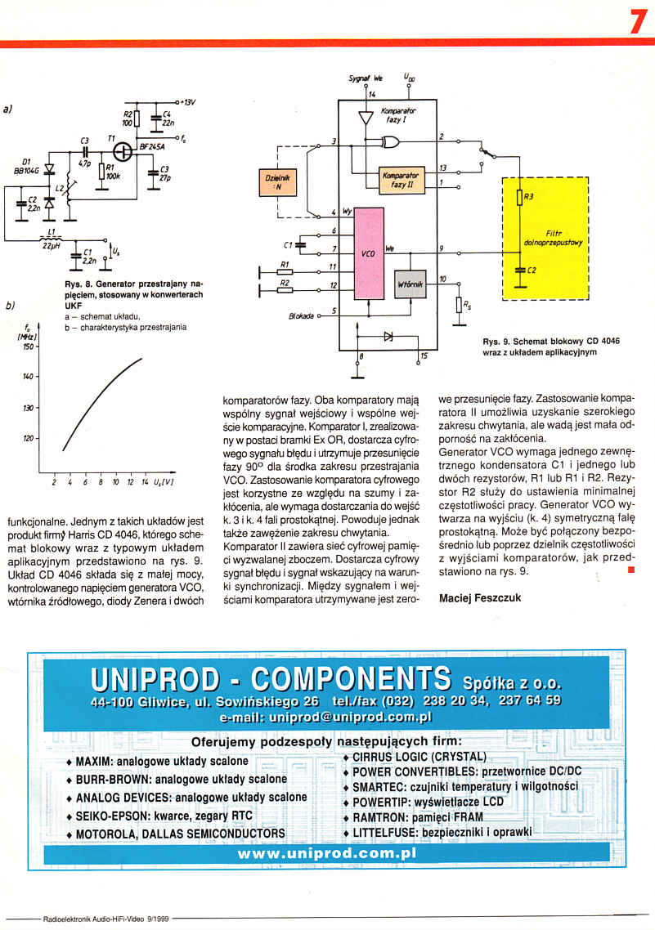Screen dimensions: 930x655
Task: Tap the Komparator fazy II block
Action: (400, 180)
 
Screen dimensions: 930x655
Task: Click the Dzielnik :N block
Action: (275, 181)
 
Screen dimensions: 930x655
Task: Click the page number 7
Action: (638, 21)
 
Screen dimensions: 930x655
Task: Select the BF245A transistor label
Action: (153, 147)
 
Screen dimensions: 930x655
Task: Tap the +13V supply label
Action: (190, 102)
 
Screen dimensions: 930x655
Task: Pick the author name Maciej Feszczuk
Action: (480, 597)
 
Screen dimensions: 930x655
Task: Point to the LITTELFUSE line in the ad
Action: (441, 833)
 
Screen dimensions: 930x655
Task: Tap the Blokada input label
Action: (302, 315)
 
